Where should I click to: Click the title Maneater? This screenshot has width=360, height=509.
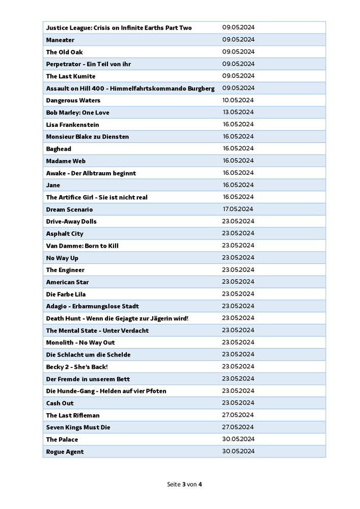tap(60, 40)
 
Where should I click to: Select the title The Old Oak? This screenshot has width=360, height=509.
tap(64, 52)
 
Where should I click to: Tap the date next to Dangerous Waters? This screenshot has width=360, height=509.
tap(238, 100)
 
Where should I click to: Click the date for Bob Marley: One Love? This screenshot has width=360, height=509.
tap(238, 112)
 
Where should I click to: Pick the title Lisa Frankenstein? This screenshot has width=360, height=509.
tap(72, 125)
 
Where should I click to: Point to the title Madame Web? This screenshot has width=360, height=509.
tap(66, 161)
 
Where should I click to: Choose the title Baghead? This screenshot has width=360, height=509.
tap(59, 149)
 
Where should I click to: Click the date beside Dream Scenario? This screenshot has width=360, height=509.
tap(237, 209)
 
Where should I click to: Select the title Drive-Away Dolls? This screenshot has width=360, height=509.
tap(71, 222)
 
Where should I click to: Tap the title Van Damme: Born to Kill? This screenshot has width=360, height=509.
tap(82, 246)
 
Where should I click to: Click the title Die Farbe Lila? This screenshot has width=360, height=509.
tap(66, 294)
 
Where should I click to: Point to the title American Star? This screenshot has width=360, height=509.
tap(67, 282)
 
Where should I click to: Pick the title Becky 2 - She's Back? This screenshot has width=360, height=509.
tap(77, 367)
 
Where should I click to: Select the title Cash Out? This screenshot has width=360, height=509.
tap(60, 403)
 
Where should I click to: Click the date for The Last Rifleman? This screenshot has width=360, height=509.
tap(238, 415)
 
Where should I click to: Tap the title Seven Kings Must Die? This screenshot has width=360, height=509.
tap(78, 427)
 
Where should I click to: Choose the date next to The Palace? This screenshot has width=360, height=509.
tap(238, 439)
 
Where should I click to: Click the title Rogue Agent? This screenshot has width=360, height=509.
tap(65, 452)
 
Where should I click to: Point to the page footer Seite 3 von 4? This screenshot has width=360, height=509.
tap(184, 484)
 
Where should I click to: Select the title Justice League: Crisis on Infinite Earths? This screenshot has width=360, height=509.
tap(119, 28)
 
